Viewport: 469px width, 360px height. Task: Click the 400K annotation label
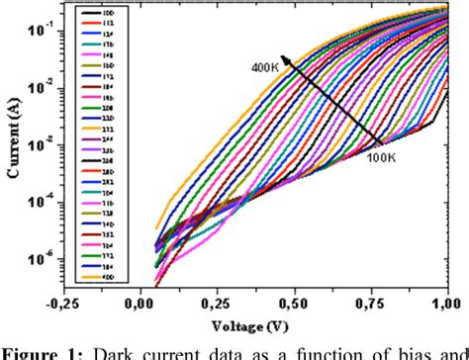point(264,66)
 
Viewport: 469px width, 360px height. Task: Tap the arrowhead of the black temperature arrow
point(284,58)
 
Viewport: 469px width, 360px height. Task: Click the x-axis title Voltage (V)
point(256,321)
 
